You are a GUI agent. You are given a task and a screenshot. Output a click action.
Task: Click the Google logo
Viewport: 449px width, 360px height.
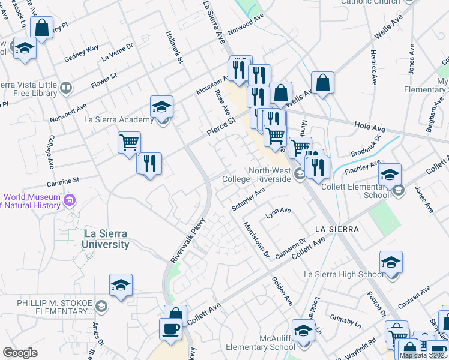click(20, 353)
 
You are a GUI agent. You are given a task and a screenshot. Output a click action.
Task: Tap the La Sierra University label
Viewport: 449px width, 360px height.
click(98, 239)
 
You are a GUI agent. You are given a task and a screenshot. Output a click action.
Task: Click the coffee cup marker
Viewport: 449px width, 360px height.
click(170, 329)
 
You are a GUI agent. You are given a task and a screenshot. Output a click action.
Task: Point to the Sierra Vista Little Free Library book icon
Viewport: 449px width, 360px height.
click(65, 89)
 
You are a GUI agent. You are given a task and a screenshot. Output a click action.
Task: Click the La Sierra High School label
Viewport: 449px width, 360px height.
click(343, 275)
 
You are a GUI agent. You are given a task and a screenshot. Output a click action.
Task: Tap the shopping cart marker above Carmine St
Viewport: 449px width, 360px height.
click(129, 143)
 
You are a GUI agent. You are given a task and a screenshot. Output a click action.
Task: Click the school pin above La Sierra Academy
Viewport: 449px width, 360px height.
click(161, 107)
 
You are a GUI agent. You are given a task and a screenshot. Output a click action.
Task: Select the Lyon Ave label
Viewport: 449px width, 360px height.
click(278, 211)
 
